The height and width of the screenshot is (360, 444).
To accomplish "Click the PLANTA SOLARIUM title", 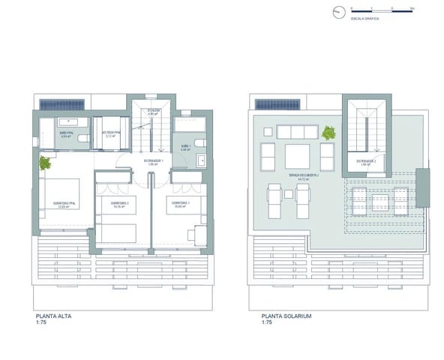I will click(x=286, y=316).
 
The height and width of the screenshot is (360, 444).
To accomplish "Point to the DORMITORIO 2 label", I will click(x=117, y=203).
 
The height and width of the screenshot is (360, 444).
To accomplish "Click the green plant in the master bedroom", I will click(x=44, y=161).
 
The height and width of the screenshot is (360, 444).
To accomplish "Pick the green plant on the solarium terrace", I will click(x=328, y=133).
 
